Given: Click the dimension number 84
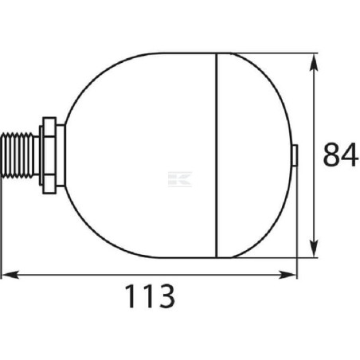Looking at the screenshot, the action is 340,155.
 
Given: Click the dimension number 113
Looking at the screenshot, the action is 150,296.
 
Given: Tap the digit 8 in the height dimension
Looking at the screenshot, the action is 331,155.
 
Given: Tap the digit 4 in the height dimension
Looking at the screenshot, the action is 350,155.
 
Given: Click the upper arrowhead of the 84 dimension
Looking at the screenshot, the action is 315,62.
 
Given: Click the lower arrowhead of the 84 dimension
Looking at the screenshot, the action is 315,248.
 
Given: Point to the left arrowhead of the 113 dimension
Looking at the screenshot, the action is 10,275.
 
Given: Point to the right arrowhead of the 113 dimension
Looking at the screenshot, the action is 287,275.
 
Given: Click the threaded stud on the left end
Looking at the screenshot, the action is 18,155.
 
